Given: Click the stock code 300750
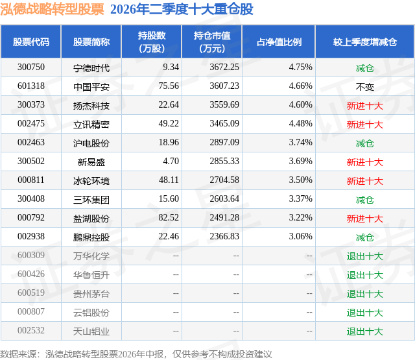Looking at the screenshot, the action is click(31, 67).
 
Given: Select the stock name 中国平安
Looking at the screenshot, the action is click(91, 87).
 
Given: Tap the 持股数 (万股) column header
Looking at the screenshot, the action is click(152, 42).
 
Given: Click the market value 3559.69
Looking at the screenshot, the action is click(224, 105).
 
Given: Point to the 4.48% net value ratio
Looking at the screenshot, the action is click(301, 124).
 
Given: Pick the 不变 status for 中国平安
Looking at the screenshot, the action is click(364, 87).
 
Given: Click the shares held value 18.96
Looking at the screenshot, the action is click(169, 143).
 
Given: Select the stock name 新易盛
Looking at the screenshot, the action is click(91, 162).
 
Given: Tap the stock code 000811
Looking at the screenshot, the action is click(31, 180).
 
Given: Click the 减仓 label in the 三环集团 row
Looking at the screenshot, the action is click(364, 200).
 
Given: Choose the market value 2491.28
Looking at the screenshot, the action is click(224, 217).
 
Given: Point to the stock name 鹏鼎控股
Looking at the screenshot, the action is click(91, 237).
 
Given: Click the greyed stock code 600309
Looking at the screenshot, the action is click(31, 255).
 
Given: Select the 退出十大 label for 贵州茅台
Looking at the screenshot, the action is click(364, 294).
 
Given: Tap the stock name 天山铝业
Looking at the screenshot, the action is click(91, 331).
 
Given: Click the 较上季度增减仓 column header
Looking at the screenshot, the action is click(364, 42).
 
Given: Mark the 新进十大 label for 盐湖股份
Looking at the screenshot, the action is click(364, 219).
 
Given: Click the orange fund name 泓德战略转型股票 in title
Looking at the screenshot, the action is click(52, 9).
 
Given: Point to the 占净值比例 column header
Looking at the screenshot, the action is click(279, 42).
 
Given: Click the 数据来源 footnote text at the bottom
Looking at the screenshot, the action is click(136, 354).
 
